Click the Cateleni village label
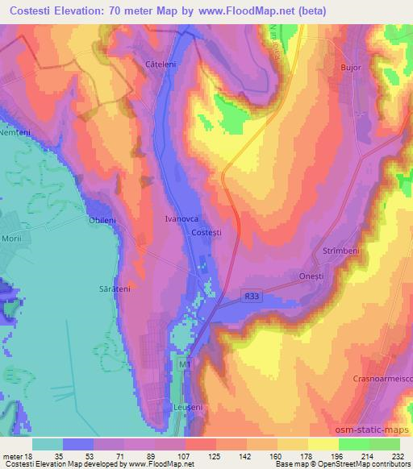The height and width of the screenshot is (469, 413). click(160, 64)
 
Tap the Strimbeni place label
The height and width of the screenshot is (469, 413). click(339, 251)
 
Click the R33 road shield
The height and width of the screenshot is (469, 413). click(252, 297)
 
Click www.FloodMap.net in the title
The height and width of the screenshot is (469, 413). click(246, 10)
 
